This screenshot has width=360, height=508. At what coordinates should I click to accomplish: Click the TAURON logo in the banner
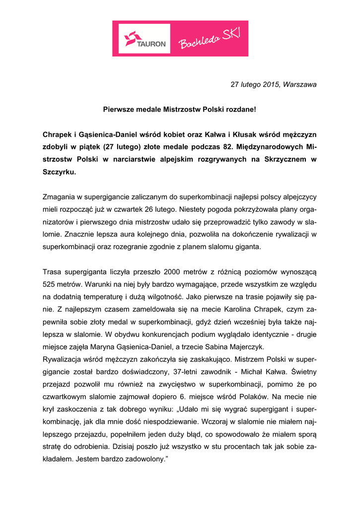coord(144,38)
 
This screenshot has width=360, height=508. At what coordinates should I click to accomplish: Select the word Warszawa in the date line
coord(299,84)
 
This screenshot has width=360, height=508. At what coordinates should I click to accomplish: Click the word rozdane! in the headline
coord(241,108)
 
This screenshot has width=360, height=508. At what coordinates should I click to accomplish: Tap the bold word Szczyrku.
coord(60,173)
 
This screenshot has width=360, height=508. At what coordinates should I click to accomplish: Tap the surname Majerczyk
coord(248,347)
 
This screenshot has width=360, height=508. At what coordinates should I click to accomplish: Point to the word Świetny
coord(301,372)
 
